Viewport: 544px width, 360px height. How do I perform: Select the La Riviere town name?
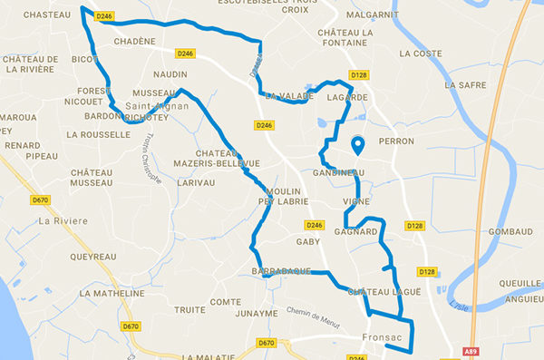(x=63, y=220)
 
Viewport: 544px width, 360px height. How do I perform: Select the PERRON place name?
(x=396, y=141)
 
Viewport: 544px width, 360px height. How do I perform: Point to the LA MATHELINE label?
(x=112, y=294)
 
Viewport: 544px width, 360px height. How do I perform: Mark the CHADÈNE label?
(x=136, y=41)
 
